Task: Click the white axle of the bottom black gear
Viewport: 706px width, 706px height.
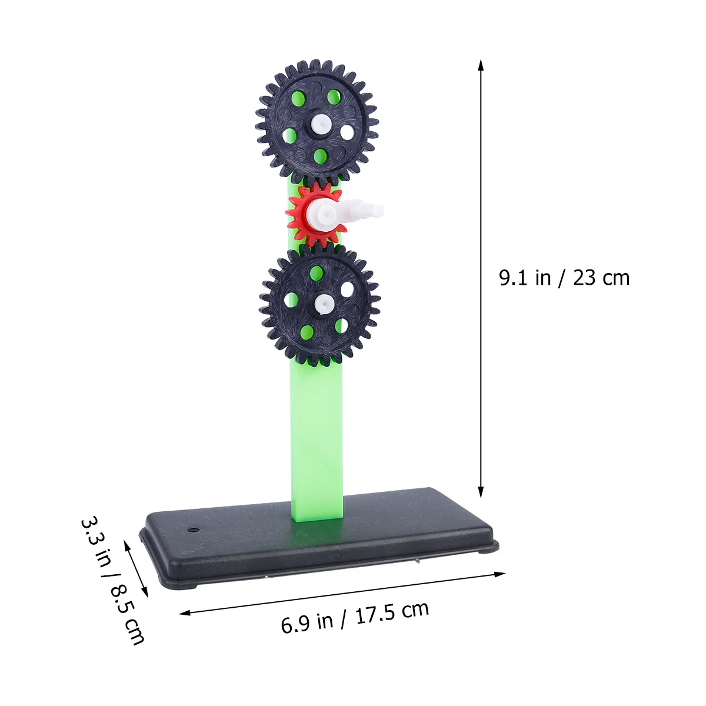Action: pyautogui.click(x=324, y=304)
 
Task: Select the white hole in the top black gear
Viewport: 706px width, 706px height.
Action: pyautogui.click(x=347, y=132)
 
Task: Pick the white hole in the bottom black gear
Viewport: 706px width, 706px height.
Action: pyautogui.click(x=347, y=289)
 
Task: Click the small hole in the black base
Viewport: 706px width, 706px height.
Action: pyautogui.click(x=192, y=529)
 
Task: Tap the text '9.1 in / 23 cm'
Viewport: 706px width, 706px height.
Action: pyautogui.click(x=564, y=278)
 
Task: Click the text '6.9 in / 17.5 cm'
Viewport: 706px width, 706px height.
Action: pyautogui.click(x=355, y=618)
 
